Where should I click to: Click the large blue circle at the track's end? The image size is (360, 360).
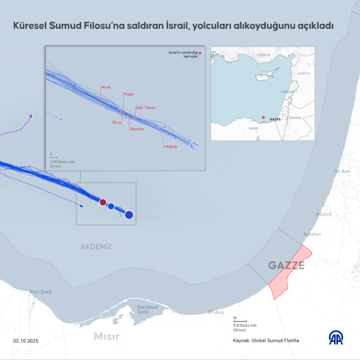point(129,214)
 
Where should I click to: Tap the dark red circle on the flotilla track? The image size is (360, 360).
point(102,202)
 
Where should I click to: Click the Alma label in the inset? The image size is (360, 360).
point(105,87)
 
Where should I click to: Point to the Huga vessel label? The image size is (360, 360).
point(129,95)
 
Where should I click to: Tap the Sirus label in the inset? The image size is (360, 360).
point(117,121)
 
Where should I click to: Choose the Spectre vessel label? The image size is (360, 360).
point(137,129)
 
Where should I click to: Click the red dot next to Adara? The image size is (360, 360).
point(164,146)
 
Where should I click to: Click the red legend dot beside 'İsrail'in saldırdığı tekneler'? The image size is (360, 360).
point(199,53)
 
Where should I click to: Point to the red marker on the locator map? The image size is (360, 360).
point(263,118)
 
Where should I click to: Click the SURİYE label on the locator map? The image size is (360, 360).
point(304,74)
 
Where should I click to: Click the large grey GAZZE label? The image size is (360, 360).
point(286,265)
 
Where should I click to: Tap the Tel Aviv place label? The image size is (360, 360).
point(342,170)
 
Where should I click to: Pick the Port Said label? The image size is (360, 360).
point(40,292)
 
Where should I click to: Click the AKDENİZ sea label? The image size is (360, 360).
point(96,246)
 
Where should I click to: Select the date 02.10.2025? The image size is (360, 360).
point(26,341)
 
